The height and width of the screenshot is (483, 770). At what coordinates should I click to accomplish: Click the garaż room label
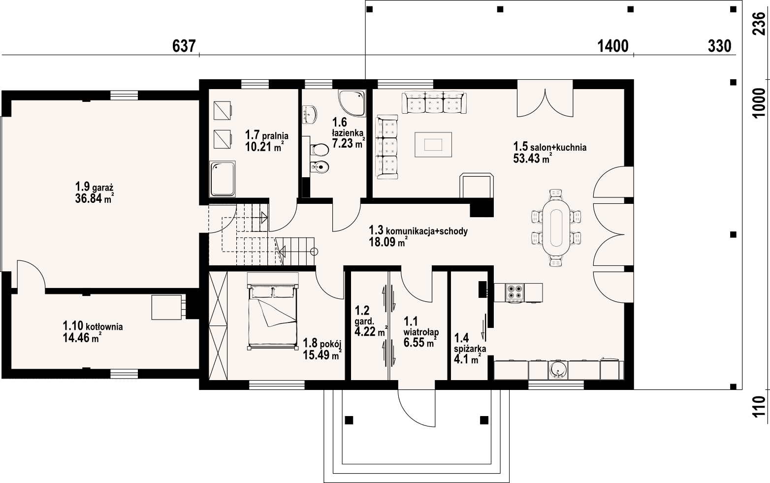(95, 187)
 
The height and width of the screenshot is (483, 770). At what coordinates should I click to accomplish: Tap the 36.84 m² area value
(95, 198)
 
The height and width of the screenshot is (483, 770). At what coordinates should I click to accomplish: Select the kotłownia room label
(93, 326)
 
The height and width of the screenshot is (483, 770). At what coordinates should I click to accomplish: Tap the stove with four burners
(515, 292)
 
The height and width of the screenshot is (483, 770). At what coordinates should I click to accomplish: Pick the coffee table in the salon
(433, 144)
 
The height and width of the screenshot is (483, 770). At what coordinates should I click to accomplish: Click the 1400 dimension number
(613, 46)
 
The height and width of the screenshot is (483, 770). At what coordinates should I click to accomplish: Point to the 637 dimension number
(185, 46)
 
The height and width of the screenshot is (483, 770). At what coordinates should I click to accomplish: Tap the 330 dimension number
(719, 46)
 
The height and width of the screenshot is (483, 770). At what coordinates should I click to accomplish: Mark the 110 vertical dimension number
(760, 407)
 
